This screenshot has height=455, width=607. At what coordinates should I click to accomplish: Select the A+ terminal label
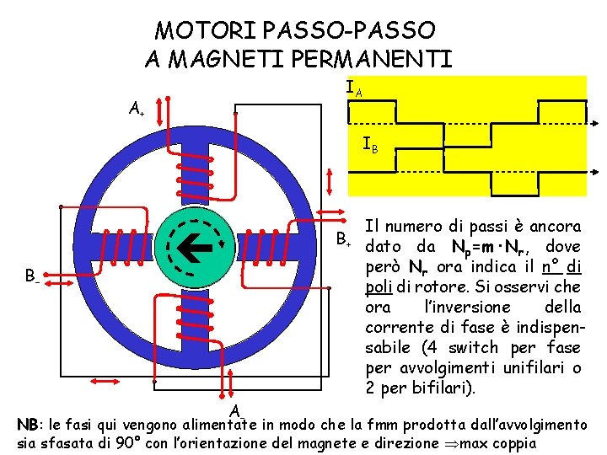click(135, 108)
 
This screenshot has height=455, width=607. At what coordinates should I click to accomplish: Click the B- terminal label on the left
click(30, 275)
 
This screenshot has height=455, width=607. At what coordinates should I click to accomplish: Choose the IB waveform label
click(370, 145)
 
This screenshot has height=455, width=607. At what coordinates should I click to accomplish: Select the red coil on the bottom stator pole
click(191, 325)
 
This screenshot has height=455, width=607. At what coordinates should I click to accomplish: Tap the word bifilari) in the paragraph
click(448, 388)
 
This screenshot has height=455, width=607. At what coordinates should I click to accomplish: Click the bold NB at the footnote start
click(28, 425)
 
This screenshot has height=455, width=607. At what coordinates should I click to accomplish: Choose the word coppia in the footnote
click(515, 443)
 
